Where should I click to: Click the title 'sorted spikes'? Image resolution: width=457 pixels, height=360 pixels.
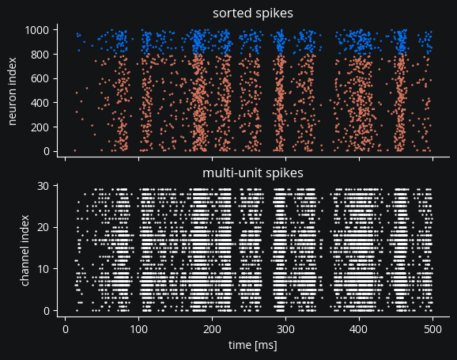[253, 13]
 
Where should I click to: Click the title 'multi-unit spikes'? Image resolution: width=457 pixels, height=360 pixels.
[253, 173]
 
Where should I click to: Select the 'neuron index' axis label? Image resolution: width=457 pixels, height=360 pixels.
[12, 91]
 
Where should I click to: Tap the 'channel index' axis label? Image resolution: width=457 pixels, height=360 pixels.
[25, 251]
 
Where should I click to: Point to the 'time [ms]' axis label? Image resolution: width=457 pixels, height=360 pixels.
[253, 345]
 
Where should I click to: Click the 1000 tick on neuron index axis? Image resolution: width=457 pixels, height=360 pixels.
[37, 30]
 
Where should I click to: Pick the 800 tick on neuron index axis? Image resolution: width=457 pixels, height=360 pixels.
[40, 55]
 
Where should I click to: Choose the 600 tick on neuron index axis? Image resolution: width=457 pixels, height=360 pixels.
[40, 79]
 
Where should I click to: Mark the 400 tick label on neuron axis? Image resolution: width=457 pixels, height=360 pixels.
[40, 103]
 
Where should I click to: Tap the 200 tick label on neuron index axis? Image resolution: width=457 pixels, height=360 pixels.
[40, 127]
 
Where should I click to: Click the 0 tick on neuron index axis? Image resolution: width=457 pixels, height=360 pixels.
[47, 151]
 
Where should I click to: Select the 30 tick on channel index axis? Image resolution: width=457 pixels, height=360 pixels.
[43, 186]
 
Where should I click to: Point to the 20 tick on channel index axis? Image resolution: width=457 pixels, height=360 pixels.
[43, 227]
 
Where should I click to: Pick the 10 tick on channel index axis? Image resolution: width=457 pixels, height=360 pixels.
[43, 269]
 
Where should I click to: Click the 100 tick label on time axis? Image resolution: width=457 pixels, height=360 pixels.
[138, 329]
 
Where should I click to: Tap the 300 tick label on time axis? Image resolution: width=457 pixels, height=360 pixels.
[285, 329]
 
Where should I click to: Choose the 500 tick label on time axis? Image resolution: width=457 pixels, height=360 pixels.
[432, 329]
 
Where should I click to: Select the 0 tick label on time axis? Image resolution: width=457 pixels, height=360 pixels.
[66, 329]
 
